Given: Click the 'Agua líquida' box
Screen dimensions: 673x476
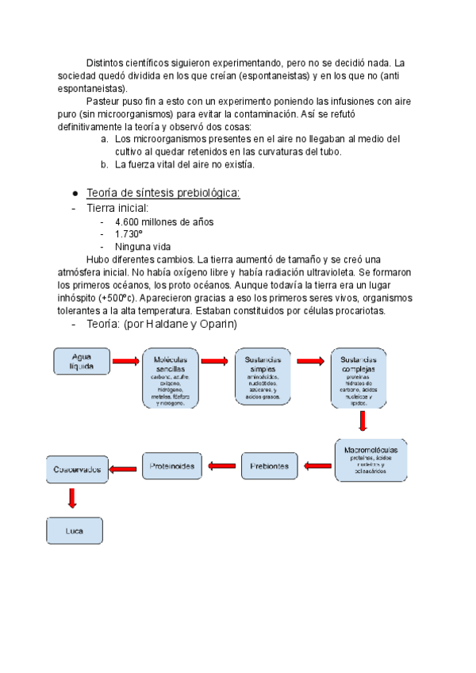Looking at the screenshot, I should (x=81, y=361).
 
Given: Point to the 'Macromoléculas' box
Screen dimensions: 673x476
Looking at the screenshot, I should (x=370, y=460).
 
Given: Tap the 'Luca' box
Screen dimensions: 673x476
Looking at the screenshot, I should (x=75, y=531).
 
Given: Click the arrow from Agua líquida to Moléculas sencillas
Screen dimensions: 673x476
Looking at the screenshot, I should (x=125, y=362).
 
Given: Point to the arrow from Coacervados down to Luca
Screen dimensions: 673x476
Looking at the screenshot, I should (x=72, y=498).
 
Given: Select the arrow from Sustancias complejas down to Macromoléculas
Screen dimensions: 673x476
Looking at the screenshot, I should (x=363, y=421).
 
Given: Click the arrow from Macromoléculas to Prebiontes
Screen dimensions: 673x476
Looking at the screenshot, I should (x=313, y=467).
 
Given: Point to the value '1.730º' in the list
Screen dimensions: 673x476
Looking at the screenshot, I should (x=129, y=234).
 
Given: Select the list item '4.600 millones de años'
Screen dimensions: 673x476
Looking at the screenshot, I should (x=164, y=221).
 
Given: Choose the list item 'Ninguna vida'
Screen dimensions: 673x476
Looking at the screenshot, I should (x=143, y=247).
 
